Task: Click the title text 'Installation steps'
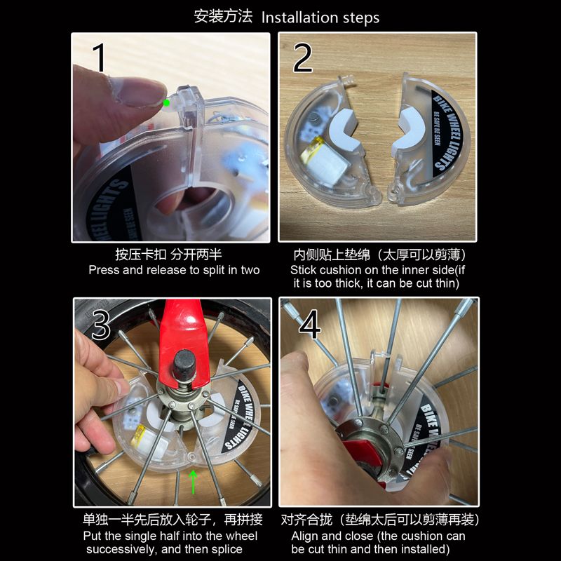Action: (320, 18)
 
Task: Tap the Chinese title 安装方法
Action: (223, 16)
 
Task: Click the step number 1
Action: (99, 58)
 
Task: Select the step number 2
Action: (302, 58)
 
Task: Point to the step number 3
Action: (101, 325)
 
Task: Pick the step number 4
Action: (310, 324)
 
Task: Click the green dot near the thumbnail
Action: (166, 103)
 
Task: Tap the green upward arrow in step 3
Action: (194, 482)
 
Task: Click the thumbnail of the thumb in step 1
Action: (137, 91)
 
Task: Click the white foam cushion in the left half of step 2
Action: (345, 130)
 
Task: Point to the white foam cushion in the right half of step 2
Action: (409, 133)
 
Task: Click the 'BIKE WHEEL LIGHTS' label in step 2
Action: (447, 134)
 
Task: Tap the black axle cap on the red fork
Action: (184, 365)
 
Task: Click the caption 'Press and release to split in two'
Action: (174, 270)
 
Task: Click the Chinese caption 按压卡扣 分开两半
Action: (168, 255)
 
